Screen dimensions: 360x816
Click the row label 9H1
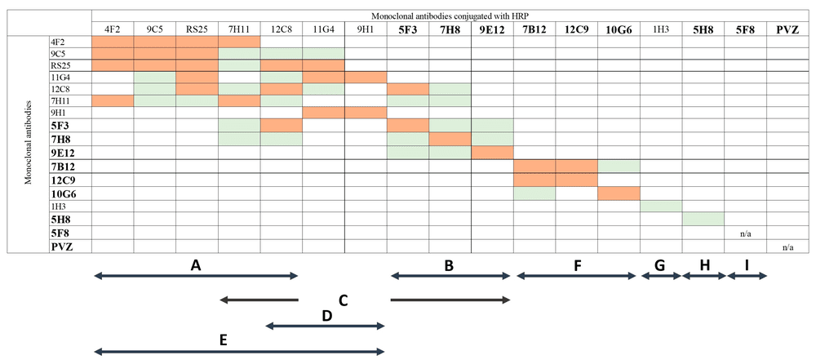pos(59,113)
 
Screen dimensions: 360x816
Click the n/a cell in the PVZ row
pos(787,247)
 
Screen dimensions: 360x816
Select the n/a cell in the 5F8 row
pos(744,233)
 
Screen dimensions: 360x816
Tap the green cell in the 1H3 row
pos(660,206)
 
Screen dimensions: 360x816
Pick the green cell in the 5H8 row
pos(703,219)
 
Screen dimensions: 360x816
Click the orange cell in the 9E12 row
pos(491,153)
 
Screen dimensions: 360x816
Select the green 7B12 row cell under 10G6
pos(618,167)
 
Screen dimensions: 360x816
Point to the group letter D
pos(326,314)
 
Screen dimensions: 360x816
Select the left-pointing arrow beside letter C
pos(259,300)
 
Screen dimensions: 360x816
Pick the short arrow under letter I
pos(747,277)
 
